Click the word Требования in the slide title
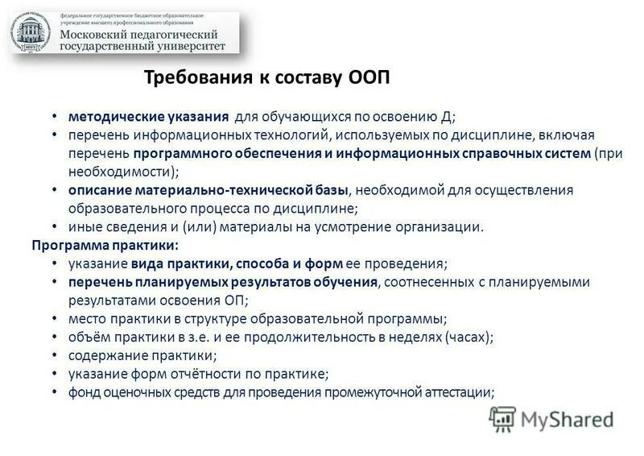[x=188, y=79]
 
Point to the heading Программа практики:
[x=105, y=244]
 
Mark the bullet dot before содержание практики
[x=53, y=356]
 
